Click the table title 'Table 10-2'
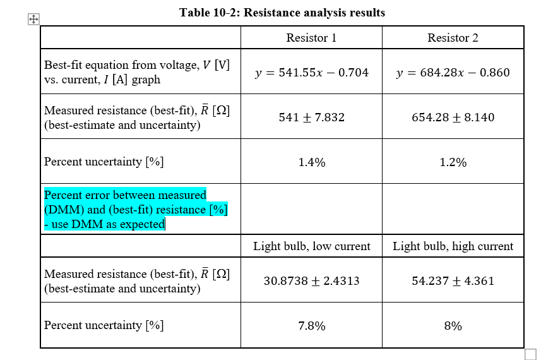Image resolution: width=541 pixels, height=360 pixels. [x=282, y=13]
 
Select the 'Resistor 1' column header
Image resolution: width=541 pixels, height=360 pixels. [x=311, y=38]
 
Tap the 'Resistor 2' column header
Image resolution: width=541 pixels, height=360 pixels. [x=453, y=38]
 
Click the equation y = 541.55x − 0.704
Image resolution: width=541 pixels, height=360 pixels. [x=311, y=73]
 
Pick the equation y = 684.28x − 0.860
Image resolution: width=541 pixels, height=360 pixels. [x=453, y=73]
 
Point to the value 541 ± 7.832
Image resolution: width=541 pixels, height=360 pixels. [x=311, y=117]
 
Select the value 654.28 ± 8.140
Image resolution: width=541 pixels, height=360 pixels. [x=453, y=117]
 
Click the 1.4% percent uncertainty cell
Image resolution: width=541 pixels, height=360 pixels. [x=311, y=162]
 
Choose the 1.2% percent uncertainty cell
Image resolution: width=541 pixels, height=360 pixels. [x=453, y=162]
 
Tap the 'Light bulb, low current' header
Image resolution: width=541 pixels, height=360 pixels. [x=311, y=246]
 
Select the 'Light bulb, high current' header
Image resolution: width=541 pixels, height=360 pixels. [x=453, y=246]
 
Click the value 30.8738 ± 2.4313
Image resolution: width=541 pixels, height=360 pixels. [x=311, y=281]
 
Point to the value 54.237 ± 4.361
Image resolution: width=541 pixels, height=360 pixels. [x=453, y=281]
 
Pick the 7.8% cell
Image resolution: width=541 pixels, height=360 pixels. [x=311, y=326]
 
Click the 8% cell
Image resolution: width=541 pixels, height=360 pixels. [x=453, y=326]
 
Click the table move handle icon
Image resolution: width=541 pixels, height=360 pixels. [x=33, y=20]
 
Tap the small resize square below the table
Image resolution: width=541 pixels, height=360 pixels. [x=530, y=354]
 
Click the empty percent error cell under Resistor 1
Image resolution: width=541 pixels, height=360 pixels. [x=311, y=209]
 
